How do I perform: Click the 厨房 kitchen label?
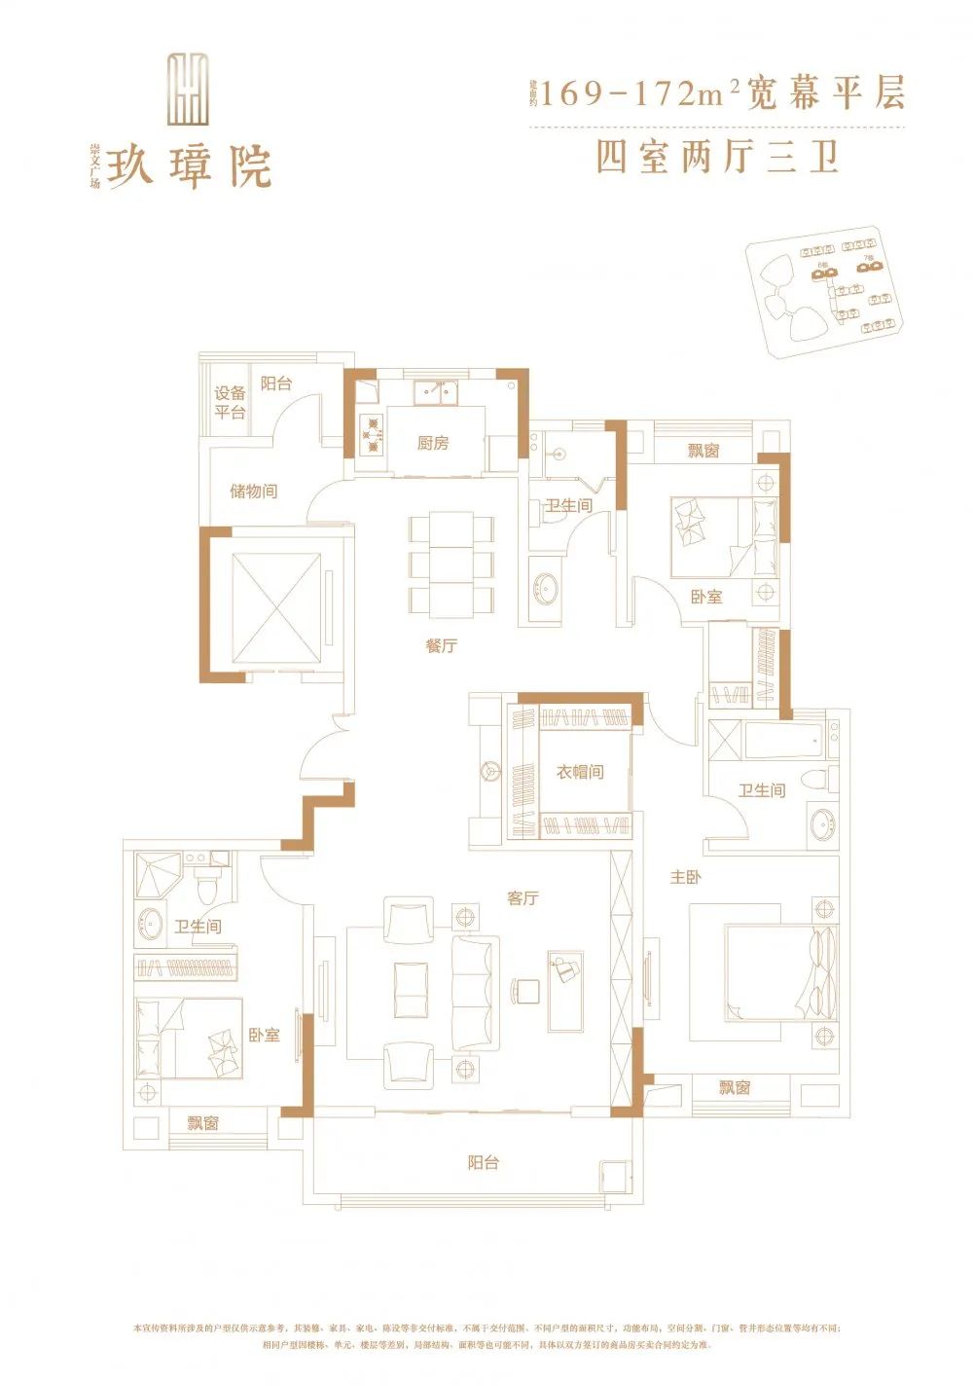coord(433,444)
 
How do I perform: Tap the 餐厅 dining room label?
coord(441,645)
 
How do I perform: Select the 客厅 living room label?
coord(523,898)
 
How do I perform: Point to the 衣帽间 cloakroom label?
coord(580,772)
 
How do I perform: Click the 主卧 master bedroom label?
coord(685,877)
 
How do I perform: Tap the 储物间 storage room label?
coord(253,491)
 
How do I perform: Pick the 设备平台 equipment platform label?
coord(230,402)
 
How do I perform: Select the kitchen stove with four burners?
coord(372,435)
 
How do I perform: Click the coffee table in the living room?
coord(411,990)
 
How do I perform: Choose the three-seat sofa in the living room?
coord(476,992)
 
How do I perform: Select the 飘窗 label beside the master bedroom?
coord(735,1087)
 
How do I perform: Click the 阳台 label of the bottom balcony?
coord(483,1162)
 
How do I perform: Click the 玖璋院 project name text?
coord(189,167)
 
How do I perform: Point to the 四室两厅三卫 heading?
coord(717,158)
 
